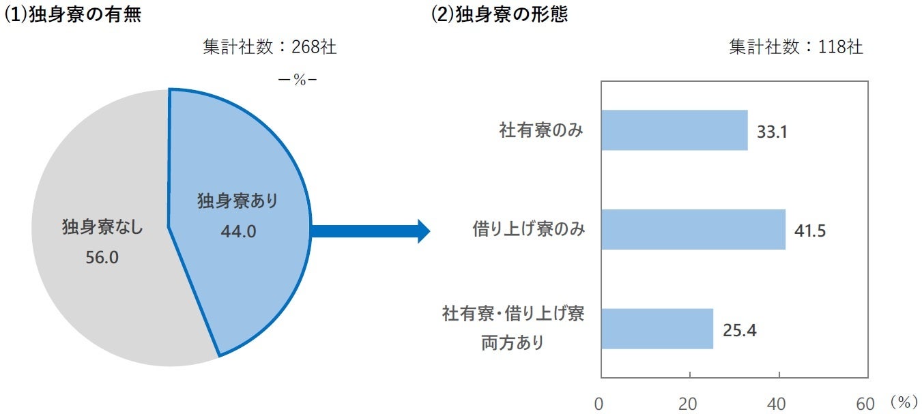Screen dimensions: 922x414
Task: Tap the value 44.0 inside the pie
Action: [x=238, y=231]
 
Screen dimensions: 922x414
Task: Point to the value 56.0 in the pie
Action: [x=102, y=258]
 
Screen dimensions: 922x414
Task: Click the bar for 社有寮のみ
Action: [x=674, y=130]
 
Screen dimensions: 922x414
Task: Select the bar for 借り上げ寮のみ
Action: [x=693, y=229]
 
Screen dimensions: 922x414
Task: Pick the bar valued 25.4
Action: [x=657, y=329]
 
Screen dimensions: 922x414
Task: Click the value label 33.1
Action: [x=772, y=132]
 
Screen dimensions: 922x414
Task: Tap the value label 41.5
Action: [x=810, y=231]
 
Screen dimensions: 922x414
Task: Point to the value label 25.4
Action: [x=740, y=331]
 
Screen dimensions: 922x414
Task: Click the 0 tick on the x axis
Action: [x=599, y=404]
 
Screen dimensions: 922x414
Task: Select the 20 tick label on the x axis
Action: [x=688, y=404]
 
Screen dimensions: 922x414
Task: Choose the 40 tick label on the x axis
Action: [x=777, y=404]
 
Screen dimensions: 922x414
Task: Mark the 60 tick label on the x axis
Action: [x=865, y=404]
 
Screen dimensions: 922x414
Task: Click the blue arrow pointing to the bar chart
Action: [x=371, y=231]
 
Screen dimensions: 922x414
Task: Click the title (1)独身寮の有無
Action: [x=73, y=14]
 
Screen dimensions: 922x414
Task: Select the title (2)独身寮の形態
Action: [x=500, y=14]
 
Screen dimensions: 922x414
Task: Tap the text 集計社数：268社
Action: [x=270, y=46]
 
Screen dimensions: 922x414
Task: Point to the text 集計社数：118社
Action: [x=796, y=46]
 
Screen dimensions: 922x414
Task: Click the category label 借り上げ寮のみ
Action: [x=528, y=229]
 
